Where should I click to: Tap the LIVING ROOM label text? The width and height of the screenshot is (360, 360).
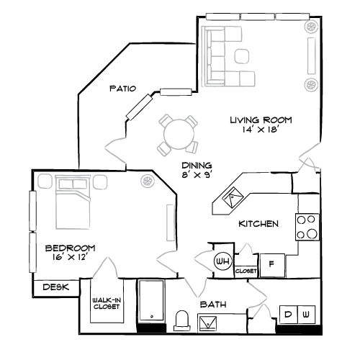[261, 120]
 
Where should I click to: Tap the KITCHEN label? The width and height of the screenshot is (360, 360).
[258, 224]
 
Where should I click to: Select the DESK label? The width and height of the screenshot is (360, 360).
[54, 287]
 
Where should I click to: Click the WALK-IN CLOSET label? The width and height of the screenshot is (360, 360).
[106, 303]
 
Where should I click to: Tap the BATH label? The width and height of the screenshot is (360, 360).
[214, 305]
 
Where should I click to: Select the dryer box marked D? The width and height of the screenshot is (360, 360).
[288, 315]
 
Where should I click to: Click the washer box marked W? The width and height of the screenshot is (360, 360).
[305, 315]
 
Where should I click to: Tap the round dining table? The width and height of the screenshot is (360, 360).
[178, 133]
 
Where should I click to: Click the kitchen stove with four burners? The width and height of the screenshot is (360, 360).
[306, 227]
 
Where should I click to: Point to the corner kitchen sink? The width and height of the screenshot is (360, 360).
[234, 194]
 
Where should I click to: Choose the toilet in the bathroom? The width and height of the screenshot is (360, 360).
[181, 319]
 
